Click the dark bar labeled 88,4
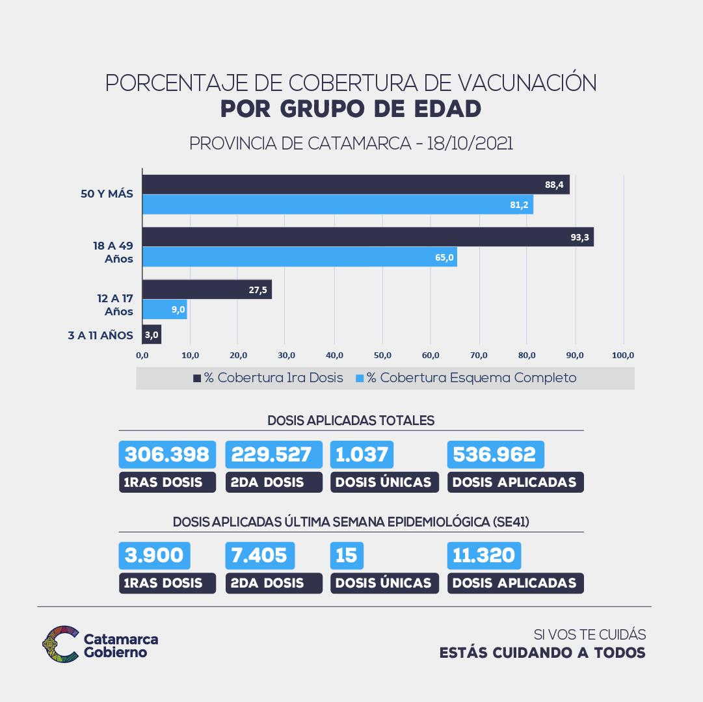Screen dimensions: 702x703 coord(356,185)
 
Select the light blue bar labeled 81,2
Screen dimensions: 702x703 coord(338,205)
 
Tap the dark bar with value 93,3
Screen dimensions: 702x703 coord(367,237)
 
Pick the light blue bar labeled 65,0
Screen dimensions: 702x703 coord(299,257)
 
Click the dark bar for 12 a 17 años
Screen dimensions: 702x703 coord(207,290)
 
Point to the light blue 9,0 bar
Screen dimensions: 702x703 coord(165,309)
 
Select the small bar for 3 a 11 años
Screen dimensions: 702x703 coord(152,335)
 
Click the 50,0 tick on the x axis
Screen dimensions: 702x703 coord(382,356)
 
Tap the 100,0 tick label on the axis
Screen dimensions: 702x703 coord(623,356)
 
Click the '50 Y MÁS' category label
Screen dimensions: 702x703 coord(107,194)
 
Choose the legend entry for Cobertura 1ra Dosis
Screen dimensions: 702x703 coord(268,378)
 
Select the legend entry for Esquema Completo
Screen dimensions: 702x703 coord(466,378)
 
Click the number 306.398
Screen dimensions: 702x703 coord(167,454)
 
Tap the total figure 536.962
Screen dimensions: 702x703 coord(495,454)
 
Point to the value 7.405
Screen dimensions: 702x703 coord(259,555)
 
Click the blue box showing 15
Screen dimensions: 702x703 coord(347,555)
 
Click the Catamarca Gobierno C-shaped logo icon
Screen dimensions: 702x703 coord(60,643)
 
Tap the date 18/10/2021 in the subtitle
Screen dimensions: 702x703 coord(470,144)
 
